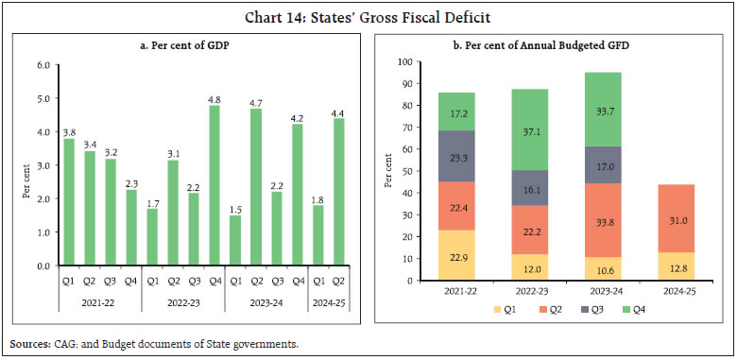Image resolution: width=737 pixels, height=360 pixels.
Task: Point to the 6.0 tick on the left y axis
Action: [43, 65]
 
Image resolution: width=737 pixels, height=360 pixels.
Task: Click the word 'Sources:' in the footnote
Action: [33, 343]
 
